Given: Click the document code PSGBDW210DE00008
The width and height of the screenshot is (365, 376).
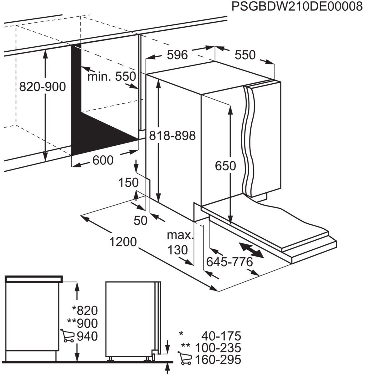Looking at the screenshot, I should pos(297,7).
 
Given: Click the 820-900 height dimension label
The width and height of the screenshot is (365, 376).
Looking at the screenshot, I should pos(43,87).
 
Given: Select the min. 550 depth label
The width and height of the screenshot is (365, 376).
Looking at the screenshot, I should pos(112,76).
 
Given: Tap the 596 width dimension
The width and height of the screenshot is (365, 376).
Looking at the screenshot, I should pos(177,55).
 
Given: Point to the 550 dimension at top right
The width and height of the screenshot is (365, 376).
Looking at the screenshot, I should pos(245,55).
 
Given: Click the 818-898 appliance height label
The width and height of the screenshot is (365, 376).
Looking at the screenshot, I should pos(172,136).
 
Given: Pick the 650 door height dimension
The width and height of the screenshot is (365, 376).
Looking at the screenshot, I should pos(225,166).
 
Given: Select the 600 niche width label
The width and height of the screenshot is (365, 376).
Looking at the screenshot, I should pos(103,160).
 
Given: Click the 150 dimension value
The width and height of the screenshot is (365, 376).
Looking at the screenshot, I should pos(128,182).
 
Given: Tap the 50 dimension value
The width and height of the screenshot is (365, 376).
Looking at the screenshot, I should pos(140,221).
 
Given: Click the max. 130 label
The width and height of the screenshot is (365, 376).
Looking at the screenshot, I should pos(179,243).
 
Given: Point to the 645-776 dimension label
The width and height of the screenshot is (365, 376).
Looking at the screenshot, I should pos(229,261).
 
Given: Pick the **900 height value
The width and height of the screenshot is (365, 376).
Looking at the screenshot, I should pos(83,323).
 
